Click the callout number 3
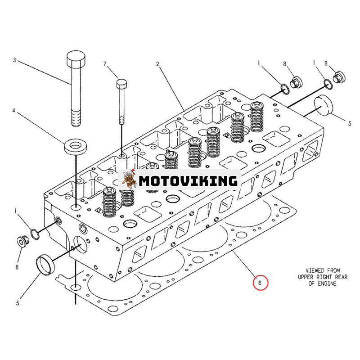14,60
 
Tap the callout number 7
105,64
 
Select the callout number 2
157,64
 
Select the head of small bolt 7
121,84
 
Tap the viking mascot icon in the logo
130,181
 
